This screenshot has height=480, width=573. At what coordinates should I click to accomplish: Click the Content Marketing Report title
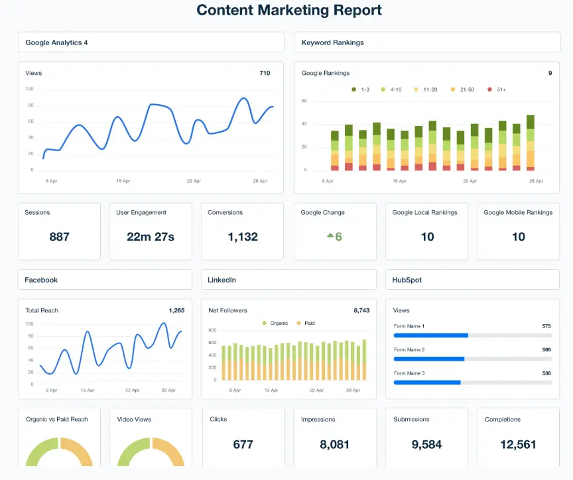click(x=289, y=11)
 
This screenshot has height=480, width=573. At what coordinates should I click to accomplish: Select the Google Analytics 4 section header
click(x=56, y=42)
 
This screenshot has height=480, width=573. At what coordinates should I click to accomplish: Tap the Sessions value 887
click(x=59, y=237)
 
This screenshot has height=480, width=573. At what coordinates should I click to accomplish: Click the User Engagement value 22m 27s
click(x=151, y=237)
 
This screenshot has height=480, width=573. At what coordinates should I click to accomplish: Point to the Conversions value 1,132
click(x=242, y=237)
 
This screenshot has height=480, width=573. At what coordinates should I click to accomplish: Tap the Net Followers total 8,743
click(x=361, y=310)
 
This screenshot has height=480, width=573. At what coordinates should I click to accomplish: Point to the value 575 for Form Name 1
click(x=546, y=326)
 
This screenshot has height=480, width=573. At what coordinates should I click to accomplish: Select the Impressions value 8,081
click(x=334, y=444)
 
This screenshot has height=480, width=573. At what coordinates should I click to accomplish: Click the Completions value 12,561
click(x=519, y=444)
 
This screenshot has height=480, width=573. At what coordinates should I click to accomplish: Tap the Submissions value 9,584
click(x=426, y=444)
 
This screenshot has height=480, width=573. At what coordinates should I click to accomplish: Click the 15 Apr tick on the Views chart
click(x=123, y=181)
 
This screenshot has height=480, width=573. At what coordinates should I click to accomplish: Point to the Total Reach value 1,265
click(x=176, y=310)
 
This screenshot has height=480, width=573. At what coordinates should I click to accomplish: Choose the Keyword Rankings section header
click(x=332, y=42)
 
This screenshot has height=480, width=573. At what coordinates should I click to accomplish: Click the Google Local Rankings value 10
click(x=427, y=237)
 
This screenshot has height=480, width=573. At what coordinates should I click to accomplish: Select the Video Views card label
click(x=134, y=419)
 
